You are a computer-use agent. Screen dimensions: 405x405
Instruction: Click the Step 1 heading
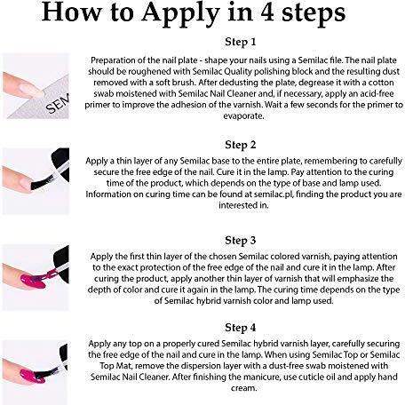pyautogui.click(x=241, y=42)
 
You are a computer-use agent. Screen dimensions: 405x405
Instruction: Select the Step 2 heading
pyautogui.click(x=241, y=145)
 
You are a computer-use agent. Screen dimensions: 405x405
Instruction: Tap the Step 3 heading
pyautogui.click(x=241, y=241)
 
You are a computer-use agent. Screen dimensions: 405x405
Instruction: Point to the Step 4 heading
pyautogui.click(x=241, y=328)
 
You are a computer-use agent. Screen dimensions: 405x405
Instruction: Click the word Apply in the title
pyautogui.click(x=180, y=13)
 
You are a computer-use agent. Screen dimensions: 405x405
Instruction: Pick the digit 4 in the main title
pyautogui.click(x=267, y=12)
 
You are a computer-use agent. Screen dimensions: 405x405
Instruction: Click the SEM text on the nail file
pyautogui.click(x=58, y=103)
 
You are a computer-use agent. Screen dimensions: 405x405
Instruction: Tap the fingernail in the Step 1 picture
pyautogui.click(x=32, y=90)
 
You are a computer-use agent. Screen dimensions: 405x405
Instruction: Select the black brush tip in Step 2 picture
pyautogui.click(x=43, y=181)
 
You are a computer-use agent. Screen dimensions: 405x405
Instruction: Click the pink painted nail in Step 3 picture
pyautogui.click(x=33, y=282)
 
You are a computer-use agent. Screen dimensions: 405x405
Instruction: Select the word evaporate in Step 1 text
pyautogui.click(x=243, y=115)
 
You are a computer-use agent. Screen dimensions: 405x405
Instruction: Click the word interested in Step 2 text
pyautogui.click(x=238, y=205)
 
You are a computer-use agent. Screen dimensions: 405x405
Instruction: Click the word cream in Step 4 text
pyautogui.click(x=242, y=388)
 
